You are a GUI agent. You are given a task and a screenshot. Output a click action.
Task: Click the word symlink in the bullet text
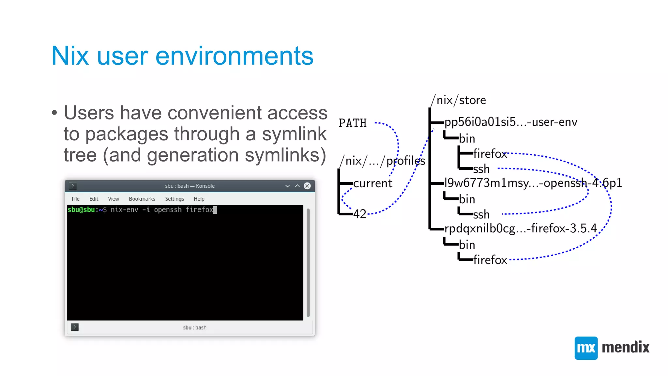[294, 134]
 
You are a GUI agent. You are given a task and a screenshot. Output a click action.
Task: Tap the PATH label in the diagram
[353, 123]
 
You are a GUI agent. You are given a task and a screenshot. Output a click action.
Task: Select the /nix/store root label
[458, 100]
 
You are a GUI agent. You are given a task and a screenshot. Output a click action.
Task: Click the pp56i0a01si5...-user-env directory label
[511, 122]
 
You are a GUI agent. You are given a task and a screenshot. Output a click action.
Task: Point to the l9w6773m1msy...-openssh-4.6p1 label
[533, 183]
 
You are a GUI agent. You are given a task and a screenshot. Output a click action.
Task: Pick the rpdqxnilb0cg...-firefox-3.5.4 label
[521, 228]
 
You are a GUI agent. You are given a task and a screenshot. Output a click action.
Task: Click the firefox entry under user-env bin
[490, 154]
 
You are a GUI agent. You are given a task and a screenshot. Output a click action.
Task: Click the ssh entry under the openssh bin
[481, 214]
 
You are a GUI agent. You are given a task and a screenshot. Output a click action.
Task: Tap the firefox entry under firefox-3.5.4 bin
[490, 260]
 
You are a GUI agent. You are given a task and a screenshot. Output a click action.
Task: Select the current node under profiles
[372, 183]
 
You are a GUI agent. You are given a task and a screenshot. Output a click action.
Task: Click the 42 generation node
[360, 214]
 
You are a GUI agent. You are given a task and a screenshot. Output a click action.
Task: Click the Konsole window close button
[307, 186]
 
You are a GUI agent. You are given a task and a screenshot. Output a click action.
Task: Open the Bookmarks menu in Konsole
[142, 199]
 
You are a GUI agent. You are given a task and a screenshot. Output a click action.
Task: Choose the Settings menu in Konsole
[175, 199]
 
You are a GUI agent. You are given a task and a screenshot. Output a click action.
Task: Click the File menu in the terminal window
[75, 199]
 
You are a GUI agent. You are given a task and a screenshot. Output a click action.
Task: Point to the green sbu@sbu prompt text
[81, 210]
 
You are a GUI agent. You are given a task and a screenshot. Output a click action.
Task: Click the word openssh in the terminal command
[168, 210]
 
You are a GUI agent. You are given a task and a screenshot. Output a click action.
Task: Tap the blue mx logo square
[586, 348]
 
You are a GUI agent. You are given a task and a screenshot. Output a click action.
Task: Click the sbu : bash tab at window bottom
[195, 327]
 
